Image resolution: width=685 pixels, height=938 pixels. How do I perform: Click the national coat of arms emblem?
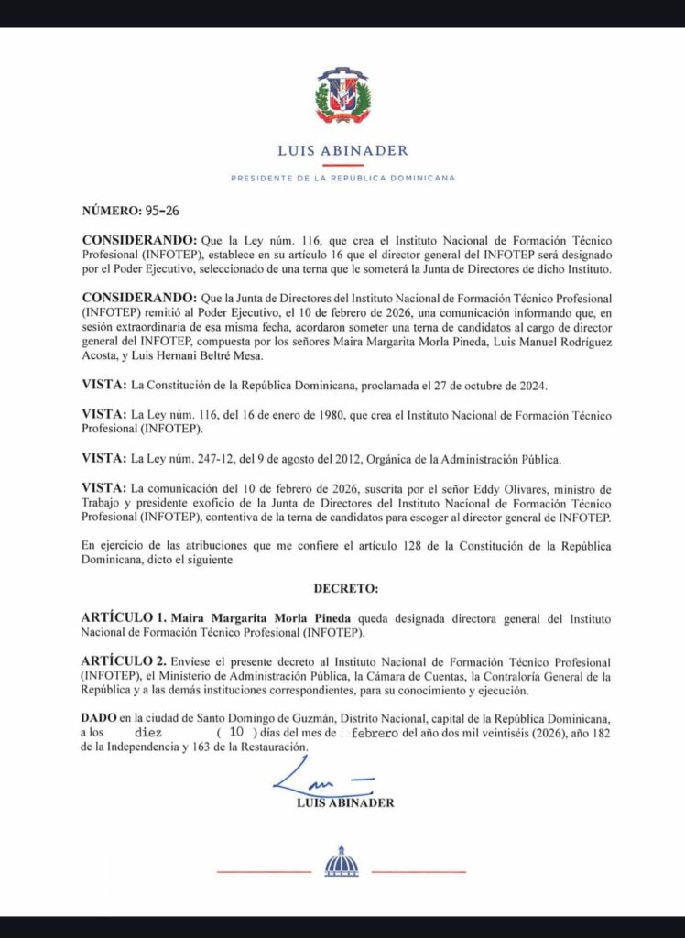[342, 96]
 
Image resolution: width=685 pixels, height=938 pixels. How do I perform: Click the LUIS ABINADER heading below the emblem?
[342, 151]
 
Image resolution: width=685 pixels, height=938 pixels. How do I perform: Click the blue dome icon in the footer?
[342, 862]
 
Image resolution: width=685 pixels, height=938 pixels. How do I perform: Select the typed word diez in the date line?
[150, 735]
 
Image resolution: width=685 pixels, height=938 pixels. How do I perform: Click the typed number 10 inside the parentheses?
[236, 735]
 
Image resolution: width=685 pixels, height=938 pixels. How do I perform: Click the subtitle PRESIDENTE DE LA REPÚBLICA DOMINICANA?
[342, 178]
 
